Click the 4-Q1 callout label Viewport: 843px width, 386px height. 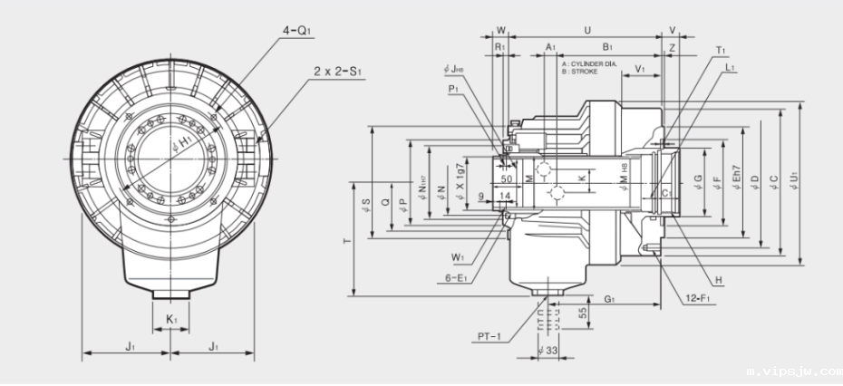pyautogui.click(x=296, y=30)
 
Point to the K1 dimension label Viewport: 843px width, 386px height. pyautogui.click(x=170, y=320)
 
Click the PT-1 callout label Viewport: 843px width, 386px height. pyautogui.click(x=490, y=337)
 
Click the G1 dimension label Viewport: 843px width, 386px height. pyautogui.click(x=609, y=298)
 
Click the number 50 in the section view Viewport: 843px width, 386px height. pyautogui.click(x=507, y=179)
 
